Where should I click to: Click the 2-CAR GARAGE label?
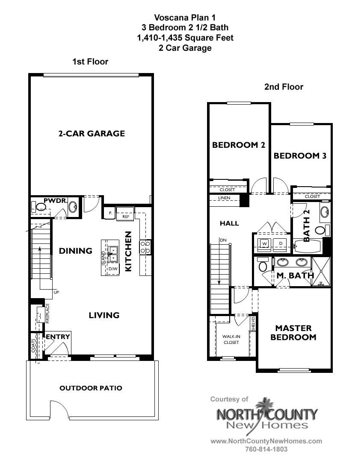point(92,133)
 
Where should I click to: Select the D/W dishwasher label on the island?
point(112,269)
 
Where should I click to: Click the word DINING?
point(76,251)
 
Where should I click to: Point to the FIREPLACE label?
point(48,314)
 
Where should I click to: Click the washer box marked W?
point(264,243)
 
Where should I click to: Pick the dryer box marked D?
point(281,243)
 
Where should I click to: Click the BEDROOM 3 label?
point(300,156)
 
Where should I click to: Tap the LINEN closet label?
point(224,198)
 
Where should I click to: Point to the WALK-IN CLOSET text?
point(231,339)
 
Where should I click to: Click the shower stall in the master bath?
point(321,271)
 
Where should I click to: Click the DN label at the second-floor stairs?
point(223,240)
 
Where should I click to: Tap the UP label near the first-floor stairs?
point(56,293)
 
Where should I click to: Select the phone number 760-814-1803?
point(266,449)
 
